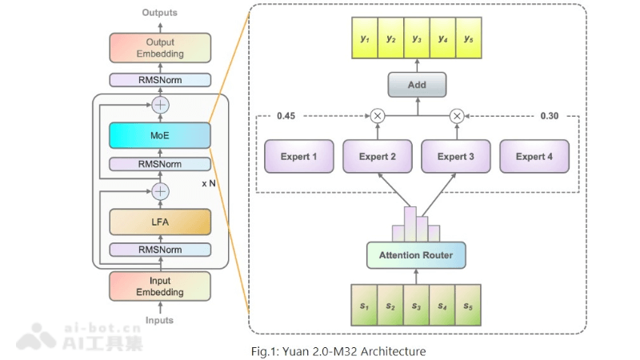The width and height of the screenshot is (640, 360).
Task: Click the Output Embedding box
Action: (160, 48)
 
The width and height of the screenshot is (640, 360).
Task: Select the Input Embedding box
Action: (160, 286)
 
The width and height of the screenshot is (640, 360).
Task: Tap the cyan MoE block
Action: (160, 135)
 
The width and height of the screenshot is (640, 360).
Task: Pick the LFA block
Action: (160, 221)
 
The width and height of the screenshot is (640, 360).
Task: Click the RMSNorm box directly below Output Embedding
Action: (160, 80)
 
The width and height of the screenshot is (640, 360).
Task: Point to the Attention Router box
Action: (415, 255)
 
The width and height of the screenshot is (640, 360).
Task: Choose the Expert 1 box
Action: (298, 157)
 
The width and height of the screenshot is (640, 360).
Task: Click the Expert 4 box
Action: (534, 157)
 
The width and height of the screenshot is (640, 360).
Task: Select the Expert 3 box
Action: (455, 157)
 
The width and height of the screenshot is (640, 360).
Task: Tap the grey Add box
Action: (416, 85)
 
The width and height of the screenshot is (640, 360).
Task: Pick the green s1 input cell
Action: (363, 306)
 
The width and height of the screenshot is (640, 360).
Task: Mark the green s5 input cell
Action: (467, 306)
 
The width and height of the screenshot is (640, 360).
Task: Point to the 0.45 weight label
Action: (286, 116)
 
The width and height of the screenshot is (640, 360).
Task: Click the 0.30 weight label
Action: (549, 116)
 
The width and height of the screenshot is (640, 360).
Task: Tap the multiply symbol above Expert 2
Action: (378, 116)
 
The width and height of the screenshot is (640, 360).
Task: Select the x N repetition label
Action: (210, 183)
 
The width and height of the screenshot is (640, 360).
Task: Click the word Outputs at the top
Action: (160, 13)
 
